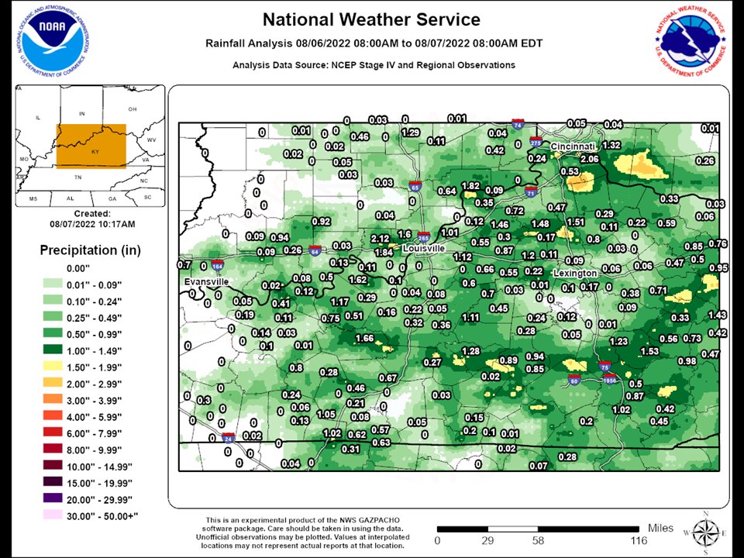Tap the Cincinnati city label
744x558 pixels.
tap(573, 146)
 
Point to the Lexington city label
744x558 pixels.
tap(575, 274)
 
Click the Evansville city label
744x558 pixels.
tap(206, 282)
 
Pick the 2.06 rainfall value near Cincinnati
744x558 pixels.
tap(590, 159)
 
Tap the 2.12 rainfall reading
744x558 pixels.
tap(380, 238)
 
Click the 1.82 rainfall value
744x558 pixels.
tap(470, 186)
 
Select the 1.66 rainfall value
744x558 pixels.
tap(364, 338)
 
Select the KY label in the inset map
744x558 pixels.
tap(95, 152)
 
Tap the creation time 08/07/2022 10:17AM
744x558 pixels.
tap(91, 224)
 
